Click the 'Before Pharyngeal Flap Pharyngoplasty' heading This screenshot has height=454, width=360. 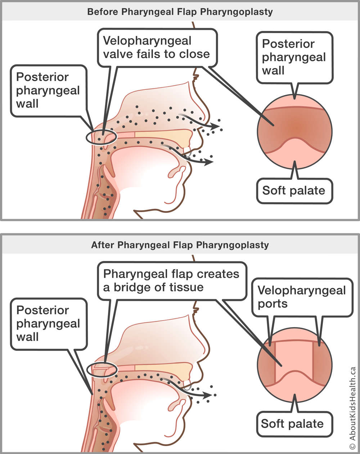pyautogui.click(x=180, y=12)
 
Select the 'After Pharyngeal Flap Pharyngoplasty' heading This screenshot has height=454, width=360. pyautogui.click(x=180, y=245)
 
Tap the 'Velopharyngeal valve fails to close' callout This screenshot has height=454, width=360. pyautogui.click(x=157, y=48)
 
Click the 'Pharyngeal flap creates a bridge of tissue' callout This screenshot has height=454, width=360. pyautogui.click(x=171, y=280)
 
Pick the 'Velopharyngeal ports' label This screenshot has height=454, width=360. pyautogui.click(x=302, y=297)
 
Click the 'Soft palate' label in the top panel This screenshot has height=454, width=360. pyautogui.click(x=294, y=190)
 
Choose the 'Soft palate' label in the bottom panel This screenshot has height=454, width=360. pyautogui.click(x=292, y=424)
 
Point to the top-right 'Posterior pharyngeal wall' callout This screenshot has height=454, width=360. pyautogui.click(x=294, y=57)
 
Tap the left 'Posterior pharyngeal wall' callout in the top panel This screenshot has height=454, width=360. pyautogui.click(x=48, y=90)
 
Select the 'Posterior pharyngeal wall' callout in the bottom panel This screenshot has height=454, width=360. pyautogui.click(x=48, y=324)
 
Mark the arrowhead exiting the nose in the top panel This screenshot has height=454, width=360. pyautogui.click(x=216, y=126)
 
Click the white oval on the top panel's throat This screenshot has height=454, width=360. pyautogui.click(x=102, y=137)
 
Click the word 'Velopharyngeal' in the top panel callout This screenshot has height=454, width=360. pyautogui.click(x=147, y=41)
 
